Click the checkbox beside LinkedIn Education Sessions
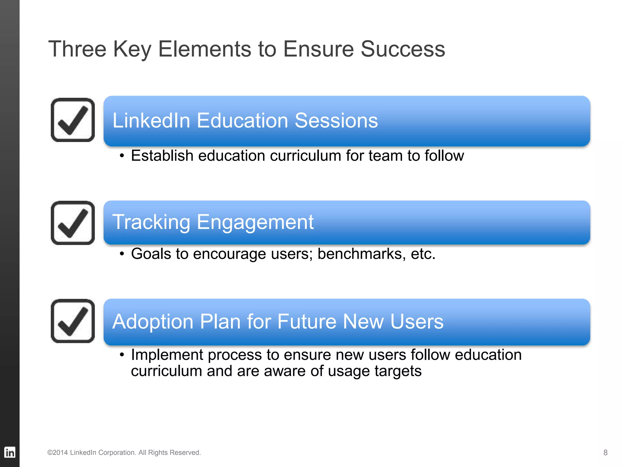point(73,120)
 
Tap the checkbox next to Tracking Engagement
point(73,223)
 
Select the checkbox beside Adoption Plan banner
point(73,321)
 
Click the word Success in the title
point(403,49)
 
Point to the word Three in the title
point(77,49)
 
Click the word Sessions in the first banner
point(336,120)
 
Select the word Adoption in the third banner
point(153,322)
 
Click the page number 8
point(605,452)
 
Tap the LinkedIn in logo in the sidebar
point(10,452)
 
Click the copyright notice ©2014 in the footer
point(58,452)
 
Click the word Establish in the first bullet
point(162,156)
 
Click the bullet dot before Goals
point(122,254)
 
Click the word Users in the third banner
point(417,322)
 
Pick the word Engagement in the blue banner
point(255,222)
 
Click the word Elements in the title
point(205,49)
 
